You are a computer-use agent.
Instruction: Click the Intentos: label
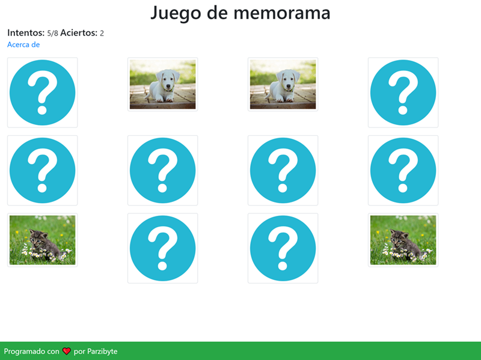pyautogui.click(x=26, y=32)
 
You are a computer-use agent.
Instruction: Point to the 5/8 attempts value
pyautogui.click(x=52, y=33)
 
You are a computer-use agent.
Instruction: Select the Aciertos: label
pyautogui.click(x=79, y=32)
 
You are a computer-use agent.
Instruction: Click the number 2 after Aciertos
pyautogui.click(x=102, y=33)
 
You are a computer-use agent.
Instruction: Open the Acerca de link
pyautogui.click(x=23, y=44)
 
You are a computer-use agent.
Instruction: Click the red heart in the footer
pyautogui.click(x=67, y=351)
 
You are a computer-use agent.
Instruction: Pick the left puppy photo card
pyautogui.click(x=162, y=84)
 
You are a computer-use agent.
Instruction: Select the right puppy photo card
pyautogui.click(x=283, y=84)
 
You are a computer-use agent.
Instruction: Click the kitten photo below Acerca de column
pyautogui.click(x=42, y=240)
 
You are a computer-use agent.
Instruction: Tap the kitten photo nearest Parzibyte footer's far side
pyautogui.click(x=403, y=240)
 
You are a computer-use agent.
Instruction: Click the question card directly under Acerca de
pyautogui.click(x=42, y=93)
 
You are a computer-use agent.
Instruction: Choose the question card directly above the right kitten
pyautogui.click(x=403, y=170)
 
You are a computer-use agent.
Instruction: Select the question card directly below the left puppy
pyautogui.click(x=162, y=170)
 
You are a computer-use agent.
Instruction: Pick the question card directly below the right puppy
pyautogui.click(x=283, y=170)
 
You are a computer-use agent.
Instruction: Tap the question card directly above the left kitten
pyautogui.click(x=42, y=170)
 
